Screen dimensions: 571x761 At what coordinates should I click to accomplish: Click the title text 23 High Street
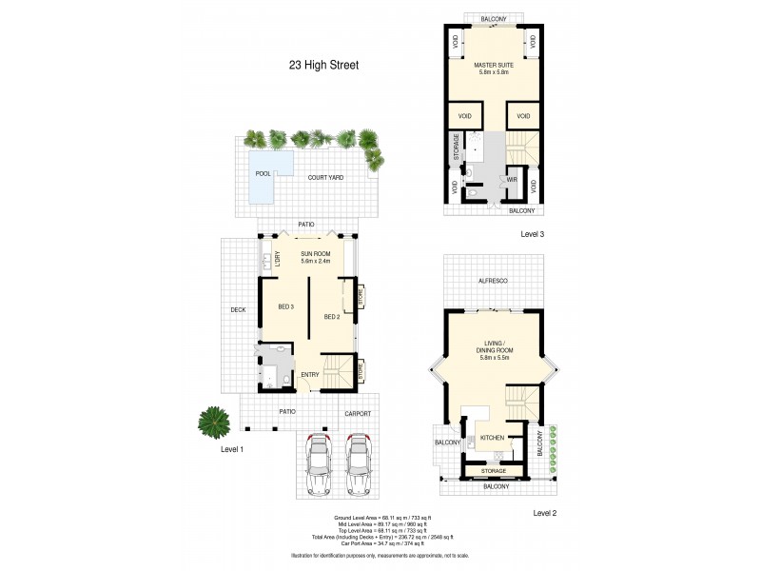pos(324,66)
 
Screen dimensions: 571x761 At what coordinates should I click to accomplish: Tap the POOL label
pos(263,174)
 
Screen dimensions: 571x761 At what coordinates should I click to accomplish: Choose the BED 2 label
pos(332,316)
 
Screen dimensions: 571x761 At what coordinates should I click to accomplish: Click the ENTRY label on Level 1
pos(310,375)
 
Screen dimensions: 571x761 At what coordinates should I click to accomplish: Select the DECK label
pos(238,309)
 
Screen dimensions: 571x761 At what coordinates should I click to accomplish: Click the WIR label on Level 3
pos(511,179)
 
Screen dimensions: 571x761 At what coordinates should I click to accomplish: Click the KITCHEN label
pos(492,438)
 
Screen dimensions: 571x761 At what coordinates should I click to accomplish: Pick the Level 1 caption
pos(234,448)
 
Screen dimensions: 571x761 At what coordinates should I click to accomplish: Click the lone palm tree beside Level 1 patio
pos(214,419)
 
